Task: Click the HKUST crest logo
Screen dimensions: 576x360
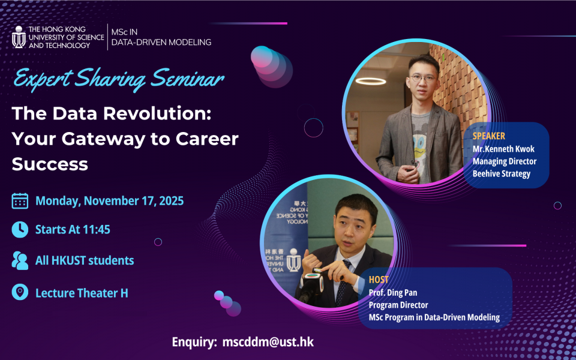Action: (19, 37)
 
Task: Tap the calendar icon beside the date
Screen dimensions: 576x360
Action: (20, 201)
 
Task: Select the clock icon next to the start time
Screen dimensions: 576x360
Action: (20, 230)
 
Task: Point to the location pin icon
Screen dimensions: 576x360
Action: (20, 292)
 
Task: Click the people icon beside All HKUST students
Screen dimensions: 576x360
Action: (20, 260)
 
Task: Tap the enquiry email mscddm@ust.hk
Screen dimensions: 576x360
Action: (268, 342)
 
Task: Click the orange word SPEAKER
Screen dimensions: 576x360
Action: (488, 136)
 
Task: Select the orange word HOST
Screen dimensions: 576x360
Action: (379, 280)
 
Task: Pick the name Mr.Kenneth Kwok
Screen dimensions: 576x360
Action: (503, 149)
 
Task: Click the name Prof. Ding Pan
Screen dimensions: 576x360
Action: (393, 293)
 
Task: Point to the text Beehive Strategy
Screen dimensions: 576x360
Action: (502, 174)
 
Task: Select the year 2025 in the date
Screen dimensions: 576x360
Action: (171, 201)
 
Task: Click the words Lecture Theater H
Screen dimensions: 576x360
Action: (82, 293)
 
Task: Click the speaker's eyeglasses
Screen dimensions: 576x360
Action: (424, 78)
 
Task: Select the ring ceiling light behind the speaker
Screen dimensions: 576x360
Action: (371, 81)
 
